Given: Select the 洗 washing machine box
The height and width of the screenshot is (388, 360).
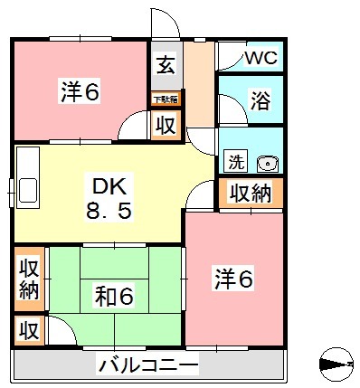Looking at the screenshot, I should pyautogui.click(x=235, y=163).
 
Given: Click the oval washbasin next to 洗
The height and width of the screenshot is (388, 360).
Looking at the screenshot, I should pyautogui.click(x=266, y=164).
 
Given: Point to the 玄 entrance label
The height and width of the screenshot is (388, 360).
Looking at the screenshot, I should pyautogui.click(x=166, y=65).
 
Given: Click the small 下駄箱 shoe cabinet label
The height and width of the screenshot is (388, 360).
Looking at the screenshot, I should pyautogui.click(x=165, y=99).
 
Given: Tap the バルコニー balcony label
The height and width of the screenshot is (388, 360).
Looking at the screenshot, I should pyautogui.click(x=147, y=365).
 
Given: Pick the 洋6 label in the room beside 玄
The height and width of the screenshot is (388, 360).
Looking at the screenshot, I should pyautogui.click(x=80, y=91).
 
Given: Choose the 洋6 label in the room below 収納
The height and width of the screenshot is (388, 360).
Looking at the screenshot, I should pyautogui.click(x=233, y=279).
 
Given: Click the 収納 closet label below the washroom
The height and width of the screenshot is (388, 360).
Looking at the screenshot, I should pyautogui.click(x=251, y=192).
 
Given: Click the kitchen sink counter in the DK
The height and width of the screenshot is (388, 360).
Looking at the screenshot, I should pyautogui.click(x=26, y=178).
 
